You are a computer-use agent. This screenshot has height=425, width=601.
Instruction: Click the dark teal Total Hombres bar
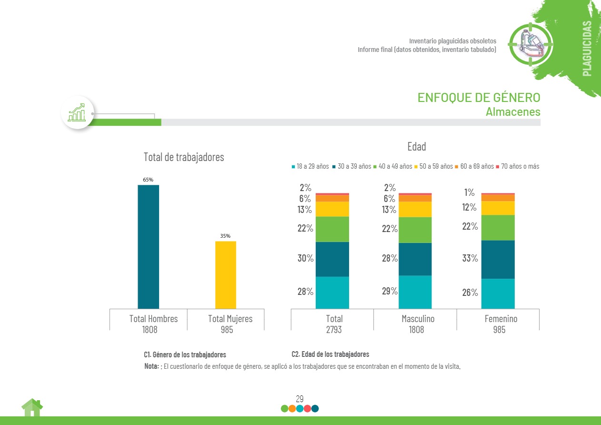pyautogui.click(x=148, y=247)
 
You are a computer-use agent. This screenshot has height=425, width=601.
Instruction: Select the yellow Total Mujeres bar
pyautogui.click(x=225, y=275)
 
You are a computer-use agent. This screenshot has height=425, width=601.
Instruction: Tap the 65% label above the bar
pyautogui.click(x=148, y=180)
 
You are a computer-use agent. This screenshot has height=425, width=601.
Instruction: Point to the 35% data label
pyautogui.click(x=225, y=236)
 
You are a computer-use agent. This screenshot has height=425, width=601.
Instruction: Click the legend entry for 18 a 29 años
pyautogui.click(x=310, y=166)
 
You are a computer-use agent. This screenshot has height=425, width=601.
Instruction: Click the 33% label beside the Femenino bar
pyautogui.click(x=470, y=258)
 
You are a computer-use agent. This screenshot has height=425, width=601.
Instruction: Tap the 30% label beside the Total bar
pyautogui.click(x=306, y=258)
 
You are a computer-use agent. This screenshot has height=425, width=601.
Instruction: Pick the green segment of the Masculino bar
pyautogui.click(x=415, y=230)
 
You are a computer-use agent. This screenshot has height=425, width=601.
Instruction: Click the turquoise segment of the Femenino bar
pyautogui.click(x=498, y=293)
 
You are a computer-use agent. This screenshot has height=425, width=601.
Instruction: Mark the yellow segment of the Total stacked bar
pyautogui.click(x=332, y=209)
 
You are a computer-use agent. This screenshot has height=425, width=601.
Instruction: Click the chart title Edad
pyautogui.click(x=416, y=146)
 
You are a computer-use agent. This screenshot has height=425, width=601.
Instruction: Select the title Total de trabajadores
pyautogui.click(x=184, y=157)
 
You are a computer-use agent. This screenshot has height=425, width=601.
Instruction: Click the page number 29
pyautogui.click(x=300, y=399)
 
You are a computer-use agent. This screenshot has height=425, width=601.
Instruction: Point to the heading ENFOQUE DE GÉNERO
pyautogui.click(x=479, y=97)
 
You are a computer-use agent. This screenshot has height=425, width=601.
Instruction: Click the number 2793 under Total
pyautogui.click(x=334, y=329)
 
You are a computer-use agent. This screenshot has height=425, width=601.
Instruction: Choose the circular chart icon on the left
pyautogui.click(x=77, y=113)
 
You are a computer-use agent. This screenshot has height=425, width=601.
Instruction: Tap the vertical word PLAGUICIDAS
pyautogui.click(x=587, y=48)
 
